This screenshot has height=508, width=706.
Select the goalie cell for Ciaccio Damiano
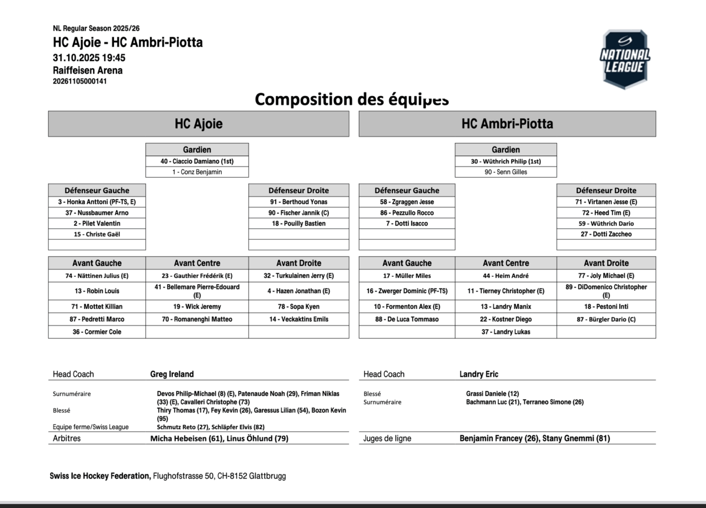[x=197, y=161]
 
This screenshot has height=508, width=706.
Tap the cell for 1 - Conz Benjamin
[x=197, y=172]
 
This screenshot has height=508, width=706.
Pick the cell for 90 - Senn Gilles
[x=506, y=172]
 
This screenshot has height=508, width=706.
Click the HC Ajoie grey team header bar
[x=198, y=124]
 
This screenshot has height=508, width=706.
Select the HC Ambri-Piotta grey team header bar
[x=507, y=124]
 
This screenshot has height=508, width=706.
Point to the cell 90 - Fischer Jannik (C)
[x=299, y=213]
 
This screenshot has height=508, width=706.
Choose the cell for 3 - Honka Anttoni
[x=97, y=202]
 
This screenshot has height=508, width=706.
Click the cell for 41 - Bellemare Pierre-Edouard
[x=197, y=291]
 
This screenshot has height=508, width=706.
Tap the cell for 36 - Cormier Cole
[x=97, y=332]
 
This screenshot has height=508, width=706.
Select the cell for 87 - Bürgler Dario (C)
[x=606, y=319]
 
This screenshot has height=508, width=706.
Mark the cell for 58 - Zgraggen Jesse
[x=407, y=202]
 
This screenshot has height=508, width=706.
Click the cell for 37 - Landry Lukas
[x=506, y=332]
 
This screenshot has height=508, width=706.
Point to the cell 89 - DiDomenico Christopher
[x=606, y=291]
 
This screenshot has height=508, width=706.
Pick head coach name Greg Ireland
[x=172, y=374]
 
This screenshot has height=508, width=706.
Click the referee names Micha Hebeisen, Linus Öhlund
[x=219, y=439]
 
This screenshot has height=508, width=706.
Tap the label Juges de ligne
[x=387, y=439]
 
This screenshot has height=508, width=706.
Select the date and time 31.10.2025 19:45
[x=89, y=58]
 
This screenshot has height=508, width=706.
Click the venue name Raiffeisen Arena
[x=88, y=71]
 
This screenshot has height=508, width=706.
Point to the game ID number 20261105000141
[x=80, y=81]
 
